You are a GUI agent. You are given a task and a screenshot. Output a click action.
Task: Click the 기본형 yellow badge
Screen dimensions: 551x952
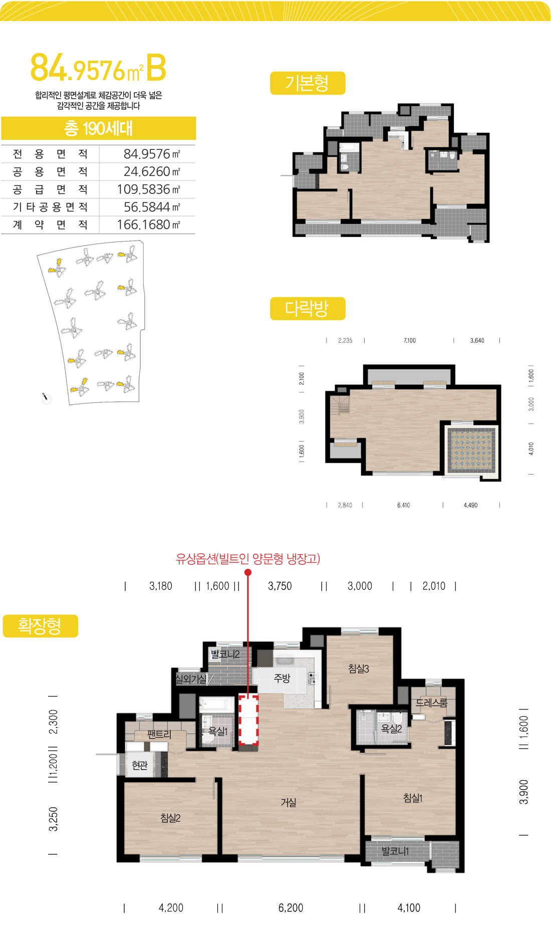[308, 83]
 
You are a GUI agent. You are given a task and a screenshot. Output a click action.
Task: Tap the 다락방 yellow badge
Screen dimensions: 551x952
[308, 309]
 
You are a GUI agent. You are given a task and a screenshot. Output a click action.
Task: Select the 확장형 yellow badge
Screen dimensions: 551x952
[41, 626]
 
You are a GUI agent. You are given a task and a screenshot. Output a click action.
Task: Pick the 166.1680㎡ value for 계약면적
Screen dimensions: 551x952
[148, 224]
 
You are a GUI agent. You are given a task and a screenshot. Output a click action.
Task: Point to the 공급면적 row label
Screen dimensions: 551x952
[50, 189]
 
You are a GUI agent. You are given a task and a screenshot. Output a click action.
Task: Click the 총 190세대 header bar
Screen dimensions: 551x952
[98, 128]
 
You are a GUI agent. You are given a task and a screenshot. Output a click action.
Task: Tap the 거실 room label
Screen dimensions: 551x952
[289, 803]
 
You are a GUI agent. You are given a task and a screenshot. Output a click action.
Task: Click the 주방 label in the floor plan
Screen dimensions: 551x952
[282, 678]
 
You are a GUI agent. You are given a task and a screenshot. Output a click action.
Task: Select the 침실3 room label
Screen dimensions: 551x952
[359, 668]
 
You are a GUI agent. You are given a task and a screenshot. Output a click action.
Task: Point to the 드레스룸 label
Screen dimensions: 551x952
[431, 703]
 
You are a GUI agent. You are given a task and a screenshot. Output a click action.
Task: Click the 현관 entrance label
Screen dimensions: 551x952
[140, 765]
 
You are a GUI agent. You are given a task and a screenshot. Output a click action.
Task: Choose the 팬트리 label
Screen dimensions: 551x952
[159, 735]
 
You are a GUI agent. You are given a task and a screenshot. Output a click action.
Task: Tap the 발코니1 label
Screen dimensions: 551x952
[395, 851]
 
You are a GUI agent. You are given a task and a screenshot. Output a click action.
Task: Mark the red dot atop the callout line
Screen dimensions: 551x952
[248, 572]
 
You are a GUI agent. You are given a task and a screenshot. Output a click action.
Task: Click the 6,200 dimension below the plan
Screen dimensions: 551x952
[291, 908]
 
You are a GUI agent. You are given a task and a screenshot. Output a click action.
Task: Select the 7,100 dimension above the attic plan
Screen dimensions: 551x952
[410, 341]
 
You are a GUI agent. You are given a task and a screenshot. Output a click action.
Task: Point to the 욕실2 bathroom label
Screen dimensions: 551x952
[392, 729]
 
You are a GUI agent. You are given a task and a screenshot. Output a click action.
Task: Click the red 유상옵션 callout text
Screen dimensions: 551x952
[248, 559]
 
